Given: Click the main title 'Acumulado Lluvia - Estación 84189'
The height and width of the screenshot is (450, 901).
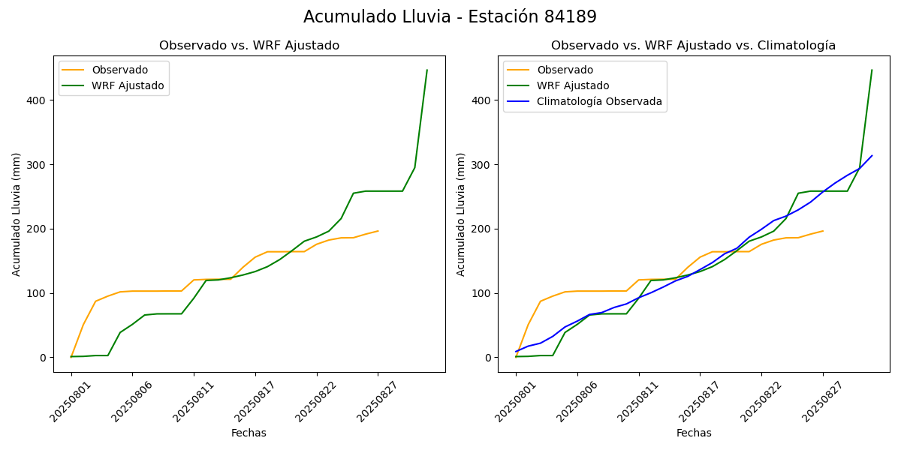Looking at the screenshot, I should point(450,17).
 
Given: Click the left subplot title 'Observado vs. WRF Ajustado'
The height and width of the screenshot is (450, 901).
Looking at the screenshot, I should point(249,46).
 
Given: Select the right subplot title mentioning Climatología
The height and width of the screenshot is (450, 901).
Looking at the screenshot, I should point(693,46).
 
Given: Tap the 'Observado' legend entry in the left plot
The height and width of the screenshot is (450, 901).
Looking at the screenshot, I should point(120,70).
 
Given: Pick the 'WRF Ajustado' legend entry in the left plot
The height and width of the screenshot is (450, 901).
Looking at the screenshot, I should point(128,85).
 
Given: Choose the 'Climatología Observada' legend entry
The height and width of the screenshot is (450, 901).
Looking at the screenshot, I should point(599,101).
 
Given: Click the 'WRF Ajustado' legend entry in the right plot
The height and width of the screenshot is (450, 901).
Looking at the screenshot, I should point(573,85).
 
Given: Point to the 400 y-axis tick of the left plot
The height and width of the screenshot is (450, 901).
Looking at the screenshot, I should point(37,100).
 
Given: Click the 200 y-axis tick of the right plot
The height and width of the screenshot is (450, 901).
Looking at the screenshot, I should point(481,229).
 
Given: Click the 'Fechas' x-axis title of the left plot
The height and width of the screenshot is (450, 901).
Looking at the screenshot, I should point(249,433).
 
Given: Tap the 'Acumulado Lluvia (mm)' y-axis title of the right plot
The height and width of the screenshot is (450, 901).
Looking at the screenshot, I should point(460,214).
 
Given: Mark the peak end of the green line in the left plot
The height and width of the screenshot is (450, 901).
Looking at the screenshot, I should point(427,70).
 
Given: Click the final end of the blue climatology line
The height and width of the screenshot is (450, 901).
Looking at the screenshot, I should point(872,156).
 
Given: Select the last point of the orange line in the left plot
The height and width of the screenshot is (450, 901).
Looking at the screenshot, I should point(378,231).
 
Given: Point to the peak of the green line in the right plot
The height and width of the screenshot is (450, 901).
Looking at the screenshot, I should point(872,70).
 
